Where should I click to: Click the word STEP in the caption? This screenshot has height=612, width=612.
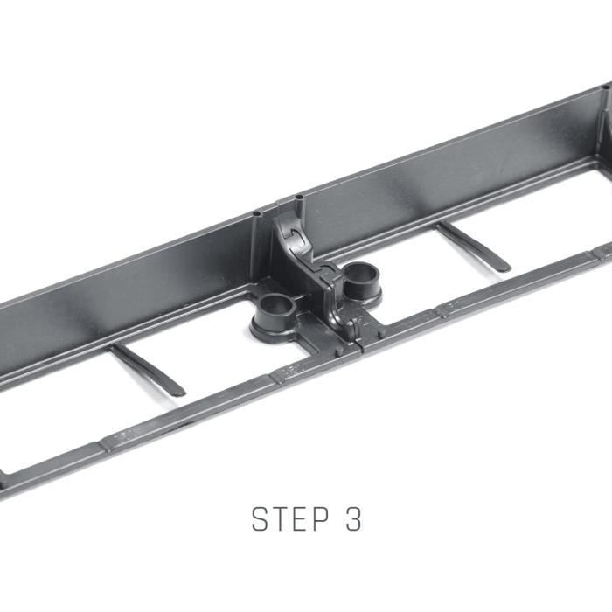click(290, 518)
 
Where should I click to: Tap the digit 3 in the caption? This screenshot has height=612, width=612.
click(353, 518)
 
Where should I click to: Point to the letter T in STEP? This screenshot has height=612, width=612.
click(280, 518)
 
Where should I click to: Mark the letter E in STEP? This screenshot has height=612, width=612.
click(300, 518)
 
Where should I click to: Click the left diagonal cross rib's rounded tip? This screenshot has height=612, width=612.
click(180, 393)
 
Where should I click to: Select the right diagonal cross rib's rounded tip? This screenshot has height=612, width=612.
click(504, 268)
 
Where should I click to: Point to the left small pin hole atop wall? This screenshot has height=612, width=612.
click(257, 214)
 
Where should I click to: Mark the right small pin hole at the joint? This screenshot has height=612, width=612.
click(299, 197)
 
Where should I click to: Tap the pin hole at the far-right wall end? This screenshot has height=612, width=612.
click(606, 87)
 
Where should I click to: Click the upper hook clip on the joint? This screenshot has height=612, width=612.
click(295, 235)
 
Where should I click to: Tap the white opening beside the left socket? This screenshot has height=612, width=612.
click(219, 347)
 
